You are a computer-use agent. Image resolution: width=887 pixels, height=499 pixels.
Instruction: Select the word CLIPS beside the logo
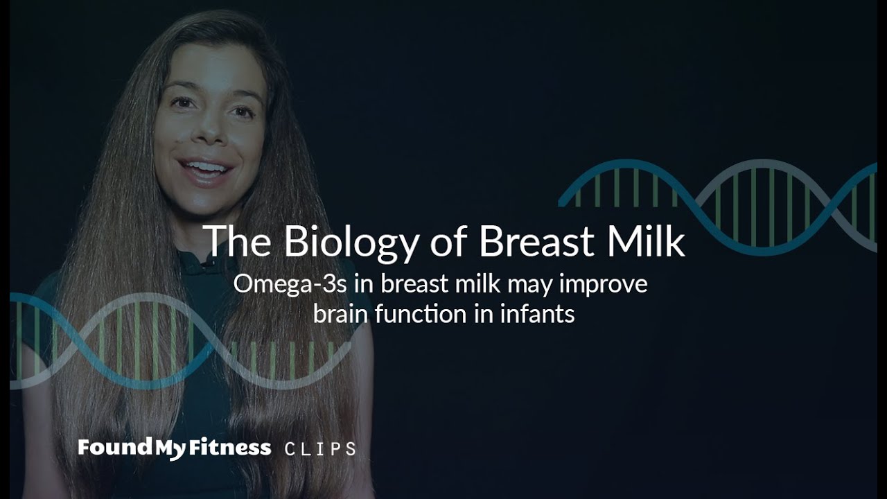[x=320, y=449]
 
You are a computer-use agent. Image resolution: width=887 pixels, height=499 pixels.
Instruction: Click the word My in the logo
[x=170, y=449]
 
